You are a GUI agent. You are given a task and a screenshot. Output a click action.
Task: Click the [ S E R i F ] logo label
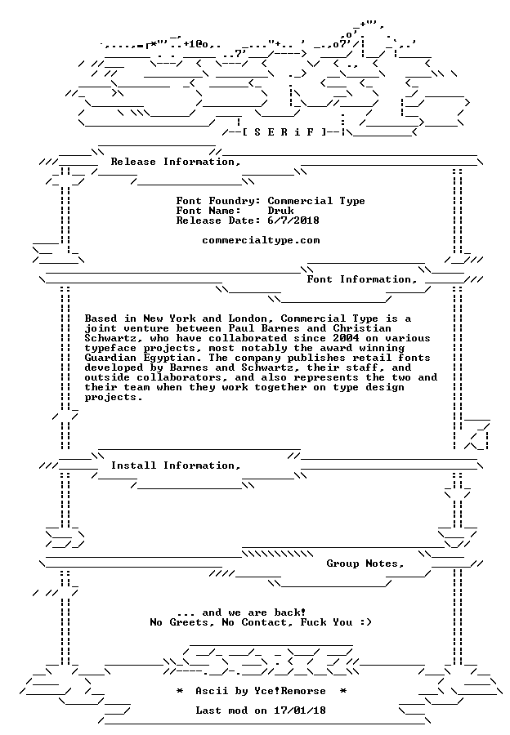pos(284,131)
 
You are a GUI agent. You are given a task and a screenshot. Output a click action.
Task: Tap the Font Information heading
pos(361,279)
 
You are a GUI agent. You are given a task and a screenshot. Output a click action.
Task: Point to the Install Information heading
pos(176,465)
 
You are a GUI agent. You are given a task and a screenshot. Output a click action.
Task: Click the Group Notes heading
pos(365,563)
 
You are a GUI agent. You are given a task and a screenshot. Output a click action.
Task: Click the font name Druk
pos(280,211)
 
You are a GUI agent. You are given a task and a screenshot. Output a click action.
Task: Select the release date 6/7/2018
pos(293,220)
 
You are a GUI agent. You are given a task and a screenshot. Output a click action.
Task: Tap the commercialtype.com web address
pos(261,240)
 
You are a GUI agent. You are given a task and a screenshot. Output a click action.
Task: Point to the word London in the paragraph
pos(248,318)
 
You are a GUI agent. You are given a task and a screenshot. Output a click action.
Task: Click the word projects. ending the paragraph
pos(113,398)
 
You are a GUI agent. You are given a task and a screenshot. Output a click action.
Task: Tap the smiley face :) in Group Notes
pos(366,622)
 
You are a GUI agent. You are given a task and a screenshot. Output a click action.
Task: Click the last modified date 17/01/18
pos(300,710)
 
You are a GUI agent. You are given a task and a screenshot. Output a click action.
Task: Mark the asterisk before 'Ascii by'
pos(179,691)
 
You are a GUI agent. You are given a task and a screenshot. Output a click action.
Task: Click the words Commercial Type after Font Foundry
pos(316,201)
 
